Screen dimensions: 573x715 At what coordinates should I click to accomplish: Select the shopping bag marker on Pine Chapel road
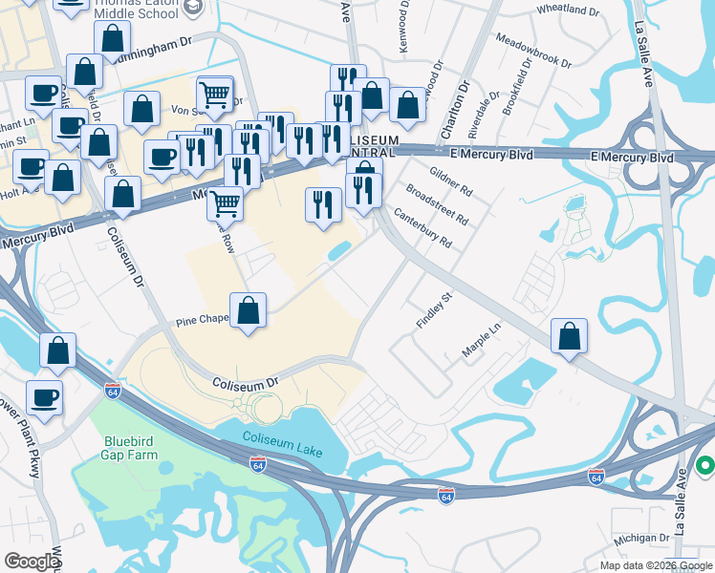(249, 311)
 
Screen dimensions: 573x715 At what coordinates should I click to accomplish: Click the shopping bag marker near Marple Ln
(569, 336)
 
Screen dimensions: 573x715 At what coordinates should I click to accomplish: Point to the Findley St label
(433, 311)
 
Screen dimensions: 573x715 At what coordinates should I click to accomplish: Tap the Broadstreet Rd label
(437, 204)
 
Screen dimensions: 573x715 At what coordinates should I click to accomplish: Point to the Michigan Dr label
(642, 539)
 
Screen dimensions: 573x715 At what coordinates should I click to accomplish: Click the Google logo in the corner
(32, 562)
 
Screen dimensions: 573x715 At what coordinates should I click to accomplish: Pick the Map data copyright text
(655, 565)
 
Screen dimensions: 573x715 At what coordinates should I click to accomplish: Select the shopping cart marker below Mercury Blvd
(225, 202)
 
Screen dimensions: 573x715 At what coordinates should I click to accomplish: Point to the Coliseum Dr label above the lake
(245, 381)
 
